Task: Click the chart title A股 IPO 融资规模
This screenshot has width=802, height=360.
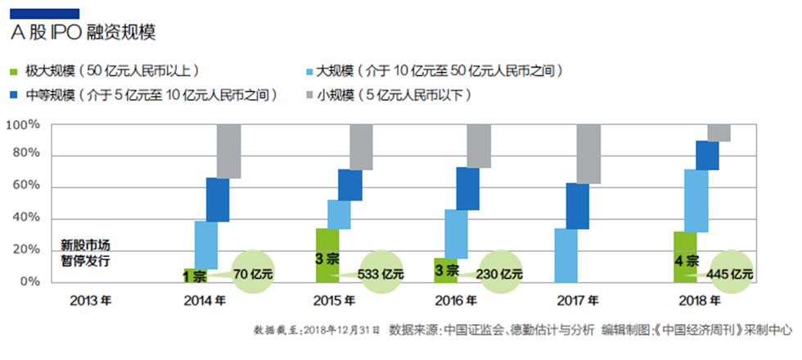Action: [83, 33]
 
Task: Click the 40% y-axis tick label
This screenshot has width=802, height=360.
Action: [25, 218]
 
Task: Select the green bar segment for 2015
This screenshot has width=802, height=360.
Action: [327, 254]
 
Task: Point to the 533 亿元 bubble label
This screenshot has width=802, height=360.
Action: [382, 274]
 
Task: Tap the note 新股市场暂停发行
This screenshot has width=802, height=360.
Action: [86, 254]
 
